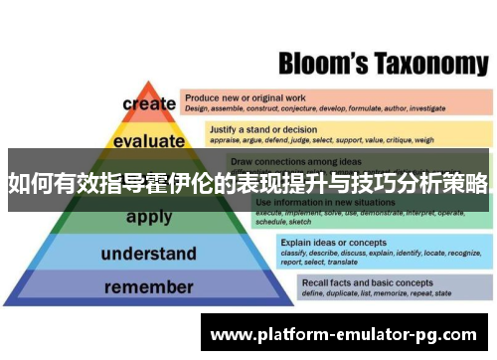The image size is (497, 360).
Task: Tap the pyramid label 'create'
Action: (149, 103)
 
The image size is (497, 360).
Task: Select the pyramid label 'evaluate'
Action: (149, 141)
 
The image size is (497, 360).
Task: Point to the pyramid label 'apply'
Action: (149, 217)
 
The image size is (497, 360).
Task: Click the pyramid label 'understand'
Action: (148, 253)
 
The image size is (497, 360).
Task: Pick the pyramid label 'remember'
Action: (148, 288)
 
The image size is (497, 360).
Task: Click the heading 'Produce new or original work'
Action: (245, 97)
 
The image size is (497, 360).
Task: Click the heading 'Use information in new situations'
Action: (318, 202)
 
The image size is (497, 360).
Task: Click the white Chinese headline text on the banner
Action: (248, 183)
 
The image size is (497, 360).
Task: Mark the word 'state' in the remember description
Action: (443, 293)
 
